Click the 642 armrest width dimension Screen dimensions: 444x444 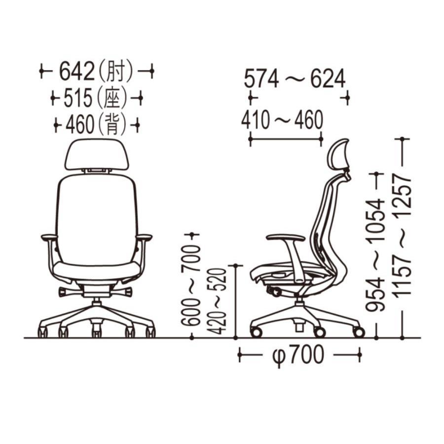76,71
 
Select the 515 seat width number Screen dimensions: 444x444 78,98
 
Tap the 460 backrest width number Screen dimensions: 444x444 79,125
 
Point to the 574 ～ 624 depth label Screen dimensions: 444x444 295,78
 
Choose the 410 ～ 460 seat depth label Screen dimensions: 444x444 282,120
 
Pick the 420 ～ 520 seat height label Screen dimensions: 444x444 217,301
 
